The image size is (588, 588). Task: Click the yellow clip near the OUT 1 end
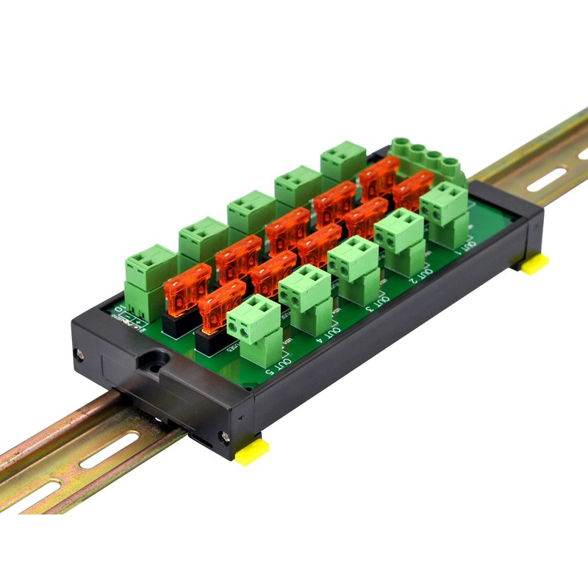coord(534,263)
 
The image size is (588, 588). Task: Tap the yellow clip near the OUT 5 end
coord(251,450)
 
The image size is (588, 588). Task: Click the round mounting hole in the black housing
coord(154,362)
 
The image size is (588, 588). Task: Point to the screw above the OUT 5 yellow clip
coord(225,438)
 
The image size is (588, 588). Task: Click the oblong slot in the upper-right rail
coord(546,179)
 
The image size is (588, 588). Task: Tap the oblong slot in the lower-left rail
coord(110,451)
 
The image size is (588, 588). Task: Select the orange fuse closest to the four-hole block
coord(412,189)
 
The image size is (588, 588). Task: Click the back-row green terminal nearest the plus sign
coord(150,265)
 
